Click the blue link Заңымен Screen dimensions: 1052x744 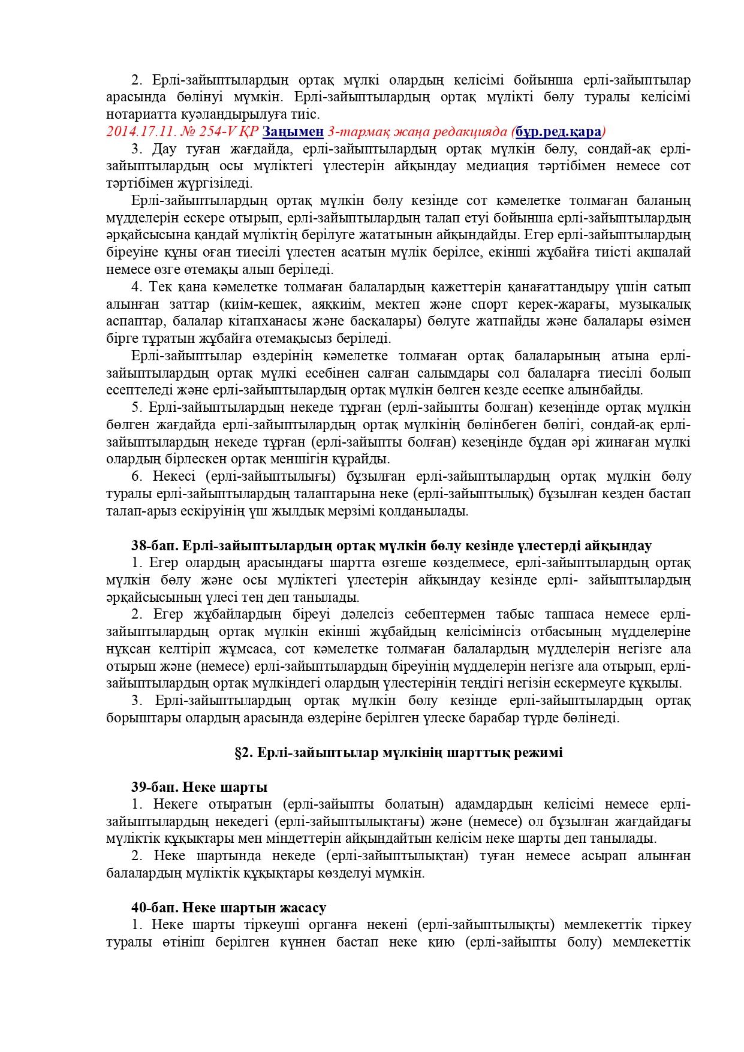pyautogui.click(x=293, y=131)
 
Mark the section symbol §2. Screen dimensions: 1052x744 pyautogui.click(x=243, y=752)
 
